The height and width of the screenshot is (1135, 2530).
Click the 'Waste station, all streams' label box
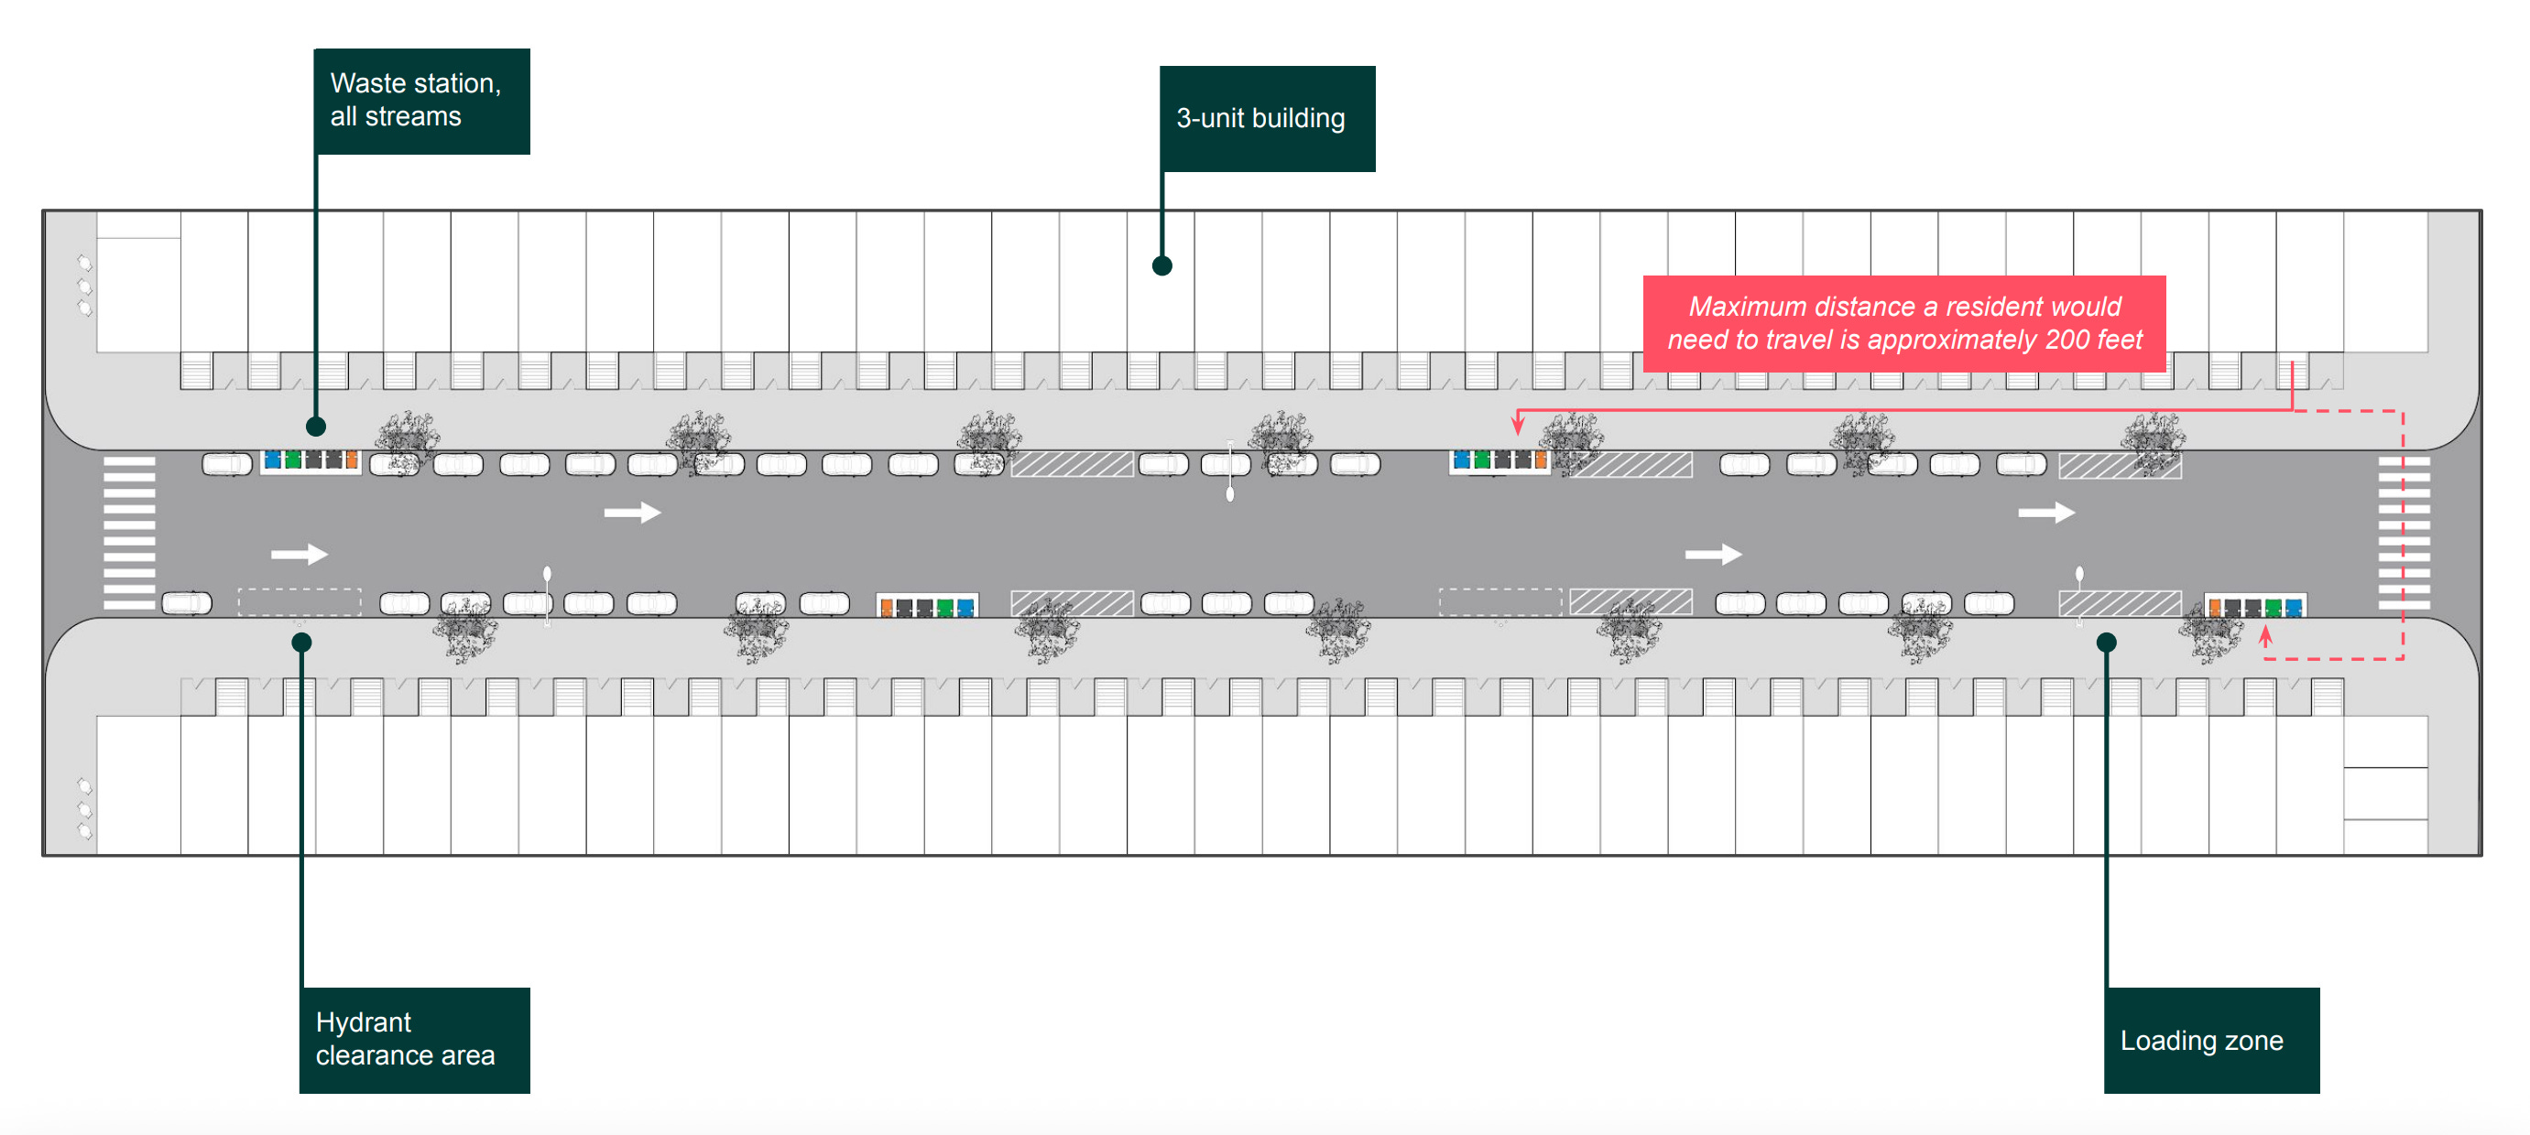pyautogui.click(x=421, y=100)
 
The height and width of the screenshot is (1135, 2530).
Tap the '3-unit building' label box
pyautogui.click(x=1266, y=118)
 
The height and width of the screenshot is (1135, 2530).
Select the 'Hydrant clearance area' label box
pyautogui.click(x=413, y=1039)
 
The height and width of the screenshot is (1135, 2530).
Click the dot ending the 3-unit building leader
pyautogui.click(x=1161, y=265)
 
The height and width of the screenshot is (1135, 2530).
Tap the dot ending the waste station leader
pyautogui.click(x=315, y=427)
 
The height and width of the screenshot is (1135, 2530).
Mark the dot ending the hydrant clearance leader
pyautogui.click(x=301, y=643)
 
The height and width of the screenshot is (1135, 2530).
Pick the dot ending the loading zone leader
pyautogui.click(x=2106, y=643)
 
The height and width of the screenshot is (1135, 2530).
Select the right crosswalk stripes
pyautogui.click(x=2404, y=532)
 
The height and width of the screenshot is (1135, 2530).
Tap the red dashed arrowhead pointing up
pyautogui.click(x=2266, y=635)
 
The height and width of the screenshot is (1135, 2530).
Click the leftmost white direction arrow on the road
pyautogui.click(x=299, y=555)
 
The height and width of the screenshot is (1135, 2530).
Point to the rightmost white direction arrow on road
pyautogui.click(x=2045, y=513)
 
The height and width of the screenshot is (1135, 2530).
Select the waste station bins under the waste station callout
pyautogui.click(x=311, y=460)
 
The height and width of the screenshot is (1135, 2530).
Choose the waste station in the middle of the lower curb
pyautogui.click(x=926, y=607)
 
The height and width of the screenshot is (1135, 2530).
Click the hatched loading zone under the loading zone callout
pyautogui.click(x=2120, y=603)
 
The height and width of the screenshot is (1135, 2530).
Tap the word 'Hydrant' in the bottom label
pyautogui.click(x=364, y=1022)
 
